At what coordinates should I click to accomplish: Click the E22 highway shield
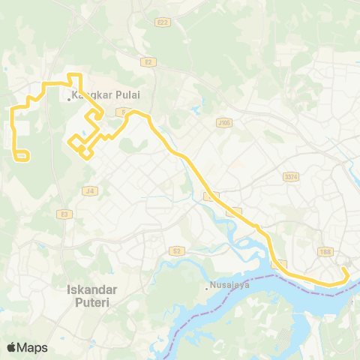[162, 22]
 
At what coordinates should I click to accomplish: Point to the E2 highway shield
[148, 62]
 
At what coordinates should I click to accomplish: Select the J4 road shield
[90, 191]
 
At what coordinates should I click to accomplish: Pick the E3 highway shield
[64, 214]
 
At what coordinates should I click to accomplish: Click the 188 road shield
[325, 252]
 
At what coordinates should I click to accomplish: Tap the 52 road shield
[176, 250]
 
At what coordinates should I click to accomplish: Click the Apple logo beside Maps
[11, 347]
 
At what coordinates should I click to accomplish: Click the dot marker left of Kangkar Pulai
[69, 97]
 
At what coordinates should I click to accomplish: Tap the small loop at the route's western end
[22, 156]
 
